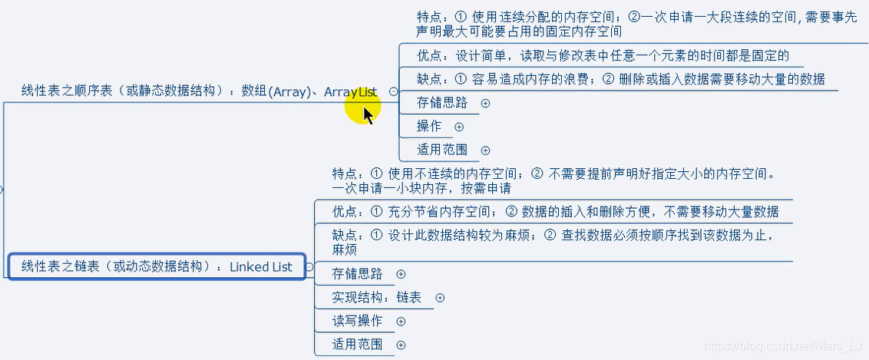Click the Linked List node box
[x=157, y=267]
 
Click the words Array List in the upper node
[x=350, y=91]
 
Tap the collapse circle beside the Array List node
[x=394, y=91]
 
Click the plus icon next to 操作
[x=459, y=127]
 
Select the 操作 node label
[x=429, y=126]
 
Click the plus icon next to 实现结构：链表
[x=440, y=298]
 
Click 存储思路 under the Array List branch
[x=441, y=103]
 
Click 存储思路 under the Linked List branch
[x=357, y=274]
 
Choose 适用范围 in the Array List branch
[x=441, y=150]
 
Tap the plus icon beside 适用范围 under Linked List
[x=401, y=345]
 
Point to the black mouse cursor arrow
[x=368, y=115]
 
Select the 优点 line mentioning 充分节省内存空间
[x=555, y=211]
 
